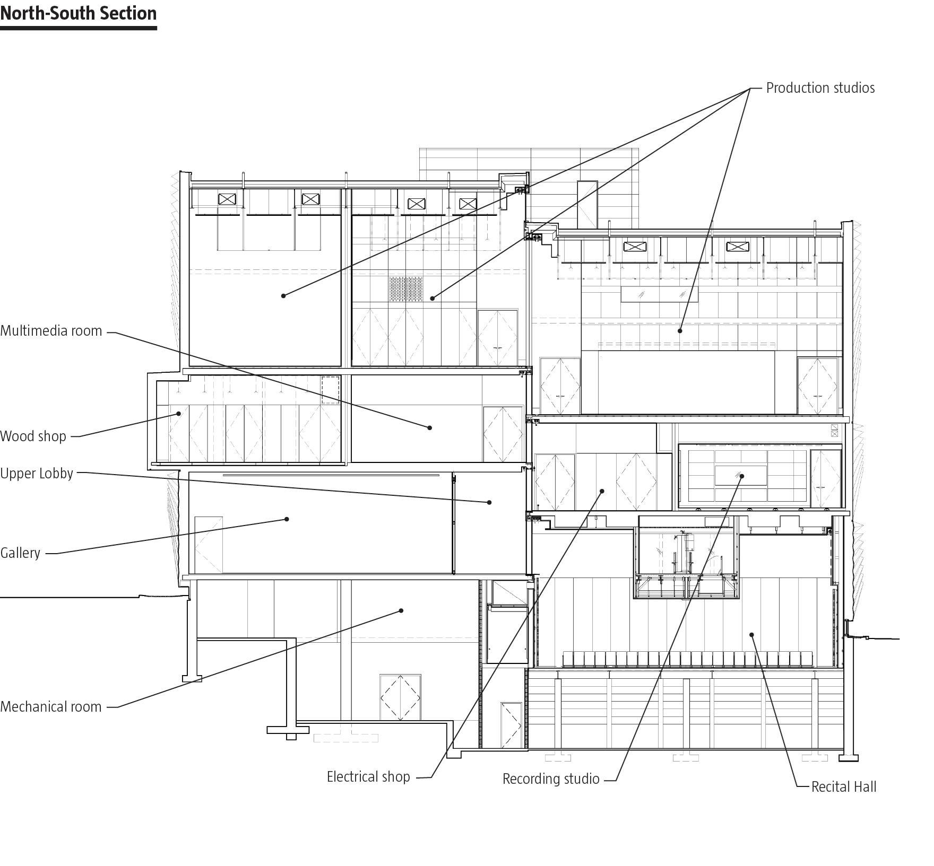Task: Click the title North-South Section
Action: point(78,13)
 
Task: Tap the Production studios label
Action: point(820,88)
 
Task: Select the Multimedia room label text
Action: point(51,331)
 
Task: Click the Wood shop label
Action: point(33,436)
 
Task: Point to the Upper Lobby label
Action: point(37,474)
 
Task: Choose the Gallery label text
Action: point(20,553)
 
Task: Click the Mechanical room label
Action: point(50,707)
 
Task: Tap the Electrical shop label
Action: point(368,777)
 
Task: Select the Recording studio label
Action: point(551,779)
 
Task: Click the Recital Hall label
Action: point(844,787)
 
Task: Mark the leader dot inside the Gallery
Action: point(287,519)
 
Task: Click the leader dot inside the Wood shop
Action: point(179,414)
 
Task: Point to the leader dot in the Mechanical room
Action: point(401,611)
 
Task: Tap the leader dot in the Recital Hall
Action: point(751,634)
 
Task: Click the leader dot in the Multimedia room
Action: point(430,427)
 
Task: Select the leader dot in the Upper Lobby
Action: point(489,502)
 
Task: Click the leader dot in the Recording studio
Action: point(742,476)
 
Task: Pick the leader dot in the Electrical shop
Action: point(602,491)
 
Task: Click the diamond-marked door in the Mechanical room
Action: point(400,697)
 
